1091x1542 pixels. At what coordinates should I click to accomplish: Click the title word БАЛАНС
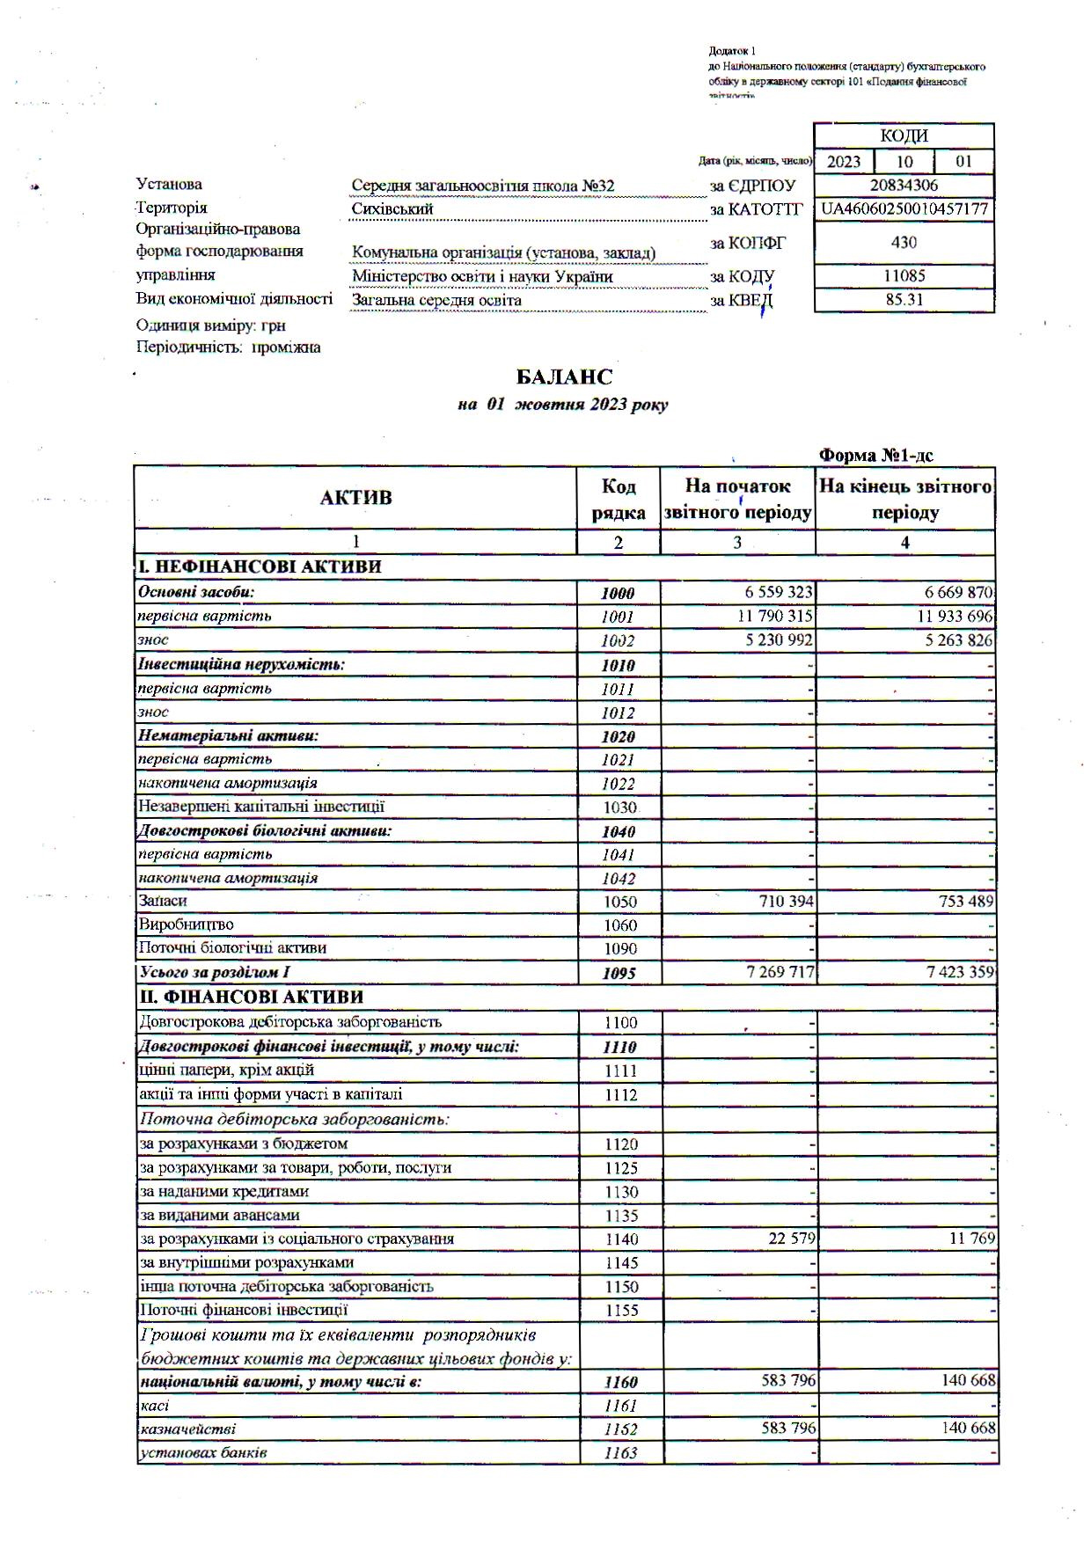(564, 377)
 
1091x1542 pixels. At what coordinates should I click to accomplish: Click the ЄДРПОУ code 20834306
(904, 186)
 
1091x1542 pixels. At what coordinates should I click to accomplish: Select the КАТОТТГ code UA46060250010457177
(904, 209)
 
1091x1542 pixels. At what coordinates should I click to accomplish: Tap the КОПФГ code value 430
(904, 243)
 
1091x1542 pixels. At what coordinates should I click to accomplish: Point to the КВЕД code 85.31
(904, 299)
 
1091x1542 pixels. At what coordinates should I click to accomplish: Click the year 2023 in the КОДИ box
(844, 162)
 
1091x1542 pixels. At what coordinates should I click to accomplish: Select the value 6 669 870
(949, 592)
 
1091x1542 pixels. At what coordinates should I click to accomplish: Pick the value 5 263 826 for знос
(949, 640)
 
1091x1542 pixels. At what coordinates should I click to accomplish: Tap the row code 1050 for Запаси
(619, 902)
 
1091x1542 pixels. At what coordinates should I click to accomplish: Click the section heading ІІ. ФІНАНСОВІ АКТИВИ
(251, 997)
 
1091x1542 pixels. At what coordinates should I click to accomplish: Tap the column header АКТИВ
(355, 498)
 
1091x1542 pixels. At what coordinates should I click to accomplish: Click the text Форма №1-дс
(875, 455)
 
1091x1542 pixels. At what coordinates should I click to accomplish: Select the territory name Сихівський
(392, 209)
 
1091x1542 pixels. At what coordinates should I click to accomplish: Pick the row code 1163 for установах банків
(619, 1453)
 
